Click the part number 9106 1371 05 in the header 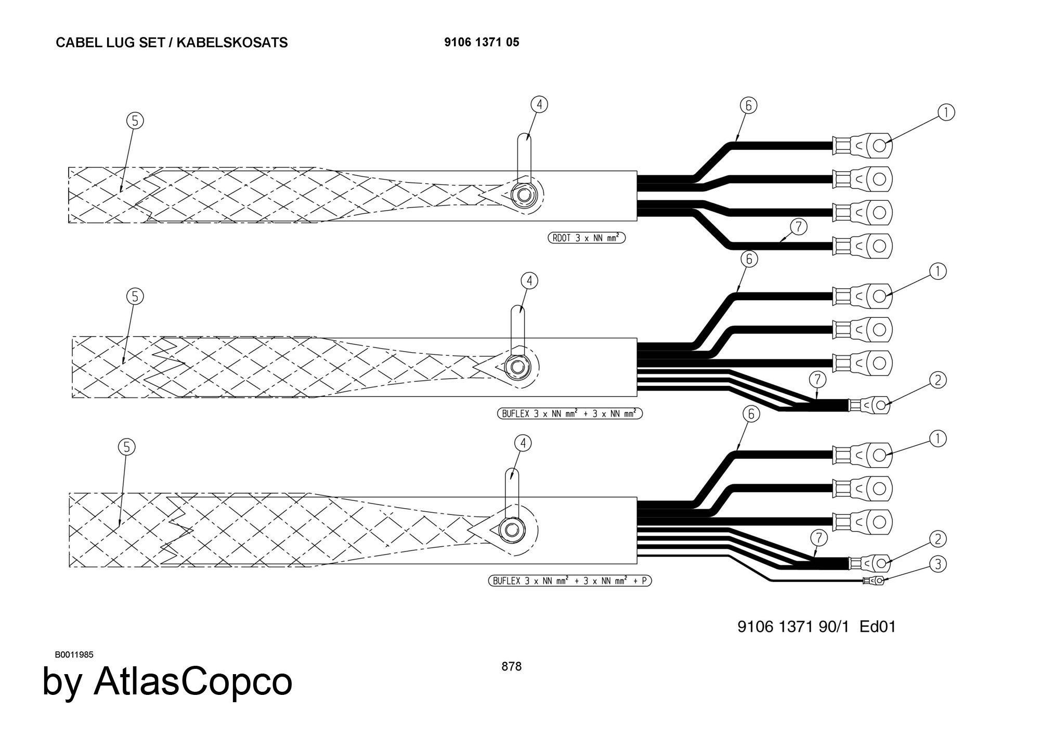pyautogui.click(x=482, y=42)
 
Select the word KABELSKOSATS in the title pyautogui.click(x=232, y=43)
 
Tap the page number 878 pyautogui.click(x=511, y=666)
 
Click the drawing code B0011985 pyautogui.click(x=74, y=654)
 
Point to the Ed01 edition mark pyautogui.click(x=878, y=626)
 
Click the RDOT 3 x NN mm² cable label pyautogui.click(x=587, y=238)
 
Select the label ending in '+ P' pyautogui.click(x=569, y=580)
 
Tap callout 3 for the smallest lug pyautogui.click(x=938, y=564)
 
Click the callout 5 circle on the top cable pyautogui.click(x=135, y=121)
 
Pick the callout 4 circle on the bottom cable pyautogui.click(x=523, y=443)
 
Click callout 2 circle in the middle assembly pyautogui.click(x=938, y=380)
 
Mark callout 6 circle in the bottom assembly pyautogui.click(x=751, y=414)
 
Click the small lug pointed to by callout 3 pyautogui.click(x=874, y=580)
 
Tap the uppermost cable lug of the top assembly pyautogui.click(x=863, y=146)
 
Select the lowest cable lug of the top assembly pyautogui.click(x=863, y=246)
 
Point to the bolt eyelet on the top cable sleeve pyautogui.click(x=522, y=196)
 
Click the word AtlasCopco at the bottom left pyautogui.click(x=193, y=681)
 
